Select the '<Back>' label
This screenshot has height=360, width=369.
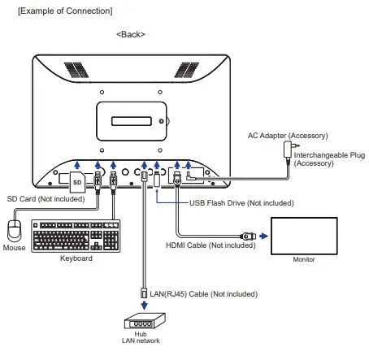(x=130, y=34)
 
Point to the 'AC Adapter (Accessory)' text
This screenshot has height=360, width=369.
(x=287, y=134)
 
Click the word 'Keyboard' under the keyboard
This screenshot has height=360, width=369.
(x=76, y=258)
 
